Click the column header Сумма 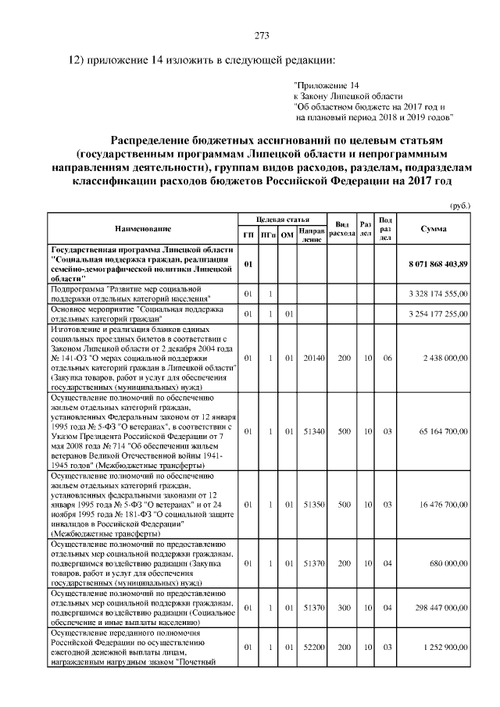click(x=433, y=229)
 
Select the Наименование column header click(x=143, y=229)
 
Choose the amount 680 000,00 click(x=447, y=563)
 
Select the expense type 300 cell click(x=344, y=607)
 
